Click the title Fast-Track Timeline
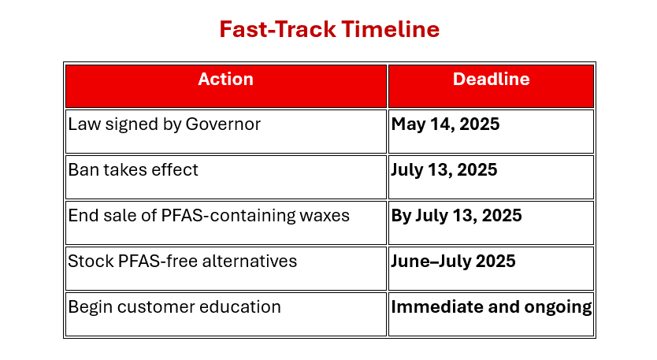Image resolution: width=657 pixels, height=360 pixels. pos(329,29)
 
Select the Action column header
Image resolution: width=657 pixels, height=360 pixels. pos(226,80)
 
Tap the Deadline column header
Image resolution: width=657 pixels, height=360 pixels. pos(491,80)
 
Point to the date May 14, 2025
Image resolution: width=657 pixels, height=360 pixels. pos(445,124)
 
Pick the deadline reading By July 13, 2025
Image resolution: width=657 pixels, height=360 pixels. pos(456,216)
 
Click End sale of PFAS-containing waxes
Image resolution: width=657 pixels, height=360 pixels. pos(209,215)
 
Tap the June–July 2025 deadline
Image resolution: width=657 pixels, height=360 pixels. pos(453,261)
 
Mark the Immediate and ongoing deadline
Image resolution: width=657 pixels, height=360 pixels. pos(492,307)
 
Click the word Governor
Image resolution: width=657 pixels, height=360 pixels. pos(223,124)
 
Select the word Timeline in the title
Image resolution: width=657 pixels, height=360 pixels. pos(391,29)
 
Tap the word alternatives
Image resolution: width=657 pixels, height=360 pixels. pos(249,261)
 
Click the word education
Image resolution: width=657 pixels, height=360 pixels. pos(240,306)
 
